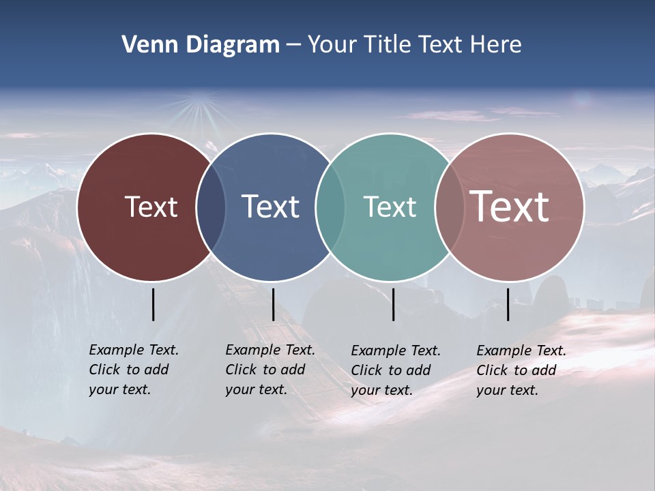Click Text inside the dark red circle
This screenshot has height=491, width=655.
tap(151, 207)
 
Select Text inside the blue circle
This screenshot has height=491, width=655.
tap(270, 207)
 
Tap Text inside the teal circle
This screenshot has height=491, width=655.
tap(390, 207)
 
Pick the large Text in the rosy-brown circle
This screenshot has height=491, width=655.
tap(510, 207)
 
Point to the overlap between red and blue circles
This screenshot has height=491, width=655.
tap(211, 207)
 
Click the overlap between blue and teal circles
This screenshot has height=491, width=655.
tap(330, 207)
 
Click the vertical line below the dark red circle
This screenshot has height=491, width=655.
tap(153, 304)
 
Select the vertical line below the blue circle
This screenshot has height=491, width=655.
tap(273, 304)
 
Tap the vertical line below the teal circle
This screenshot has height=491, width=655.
tap(393, 304)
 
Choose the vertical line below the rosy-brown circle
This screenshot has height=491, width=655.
tap(508, 304)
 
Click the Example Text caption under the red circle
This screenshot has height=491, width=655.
tap(133, 370)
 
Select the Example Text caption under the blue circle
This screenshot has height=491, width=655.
tap(270, 370)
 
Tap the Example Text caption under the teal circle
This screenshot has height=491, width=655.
tap(395, 370)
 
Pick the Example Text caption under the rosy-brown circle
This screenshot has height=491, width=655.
tap(521, 370)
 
